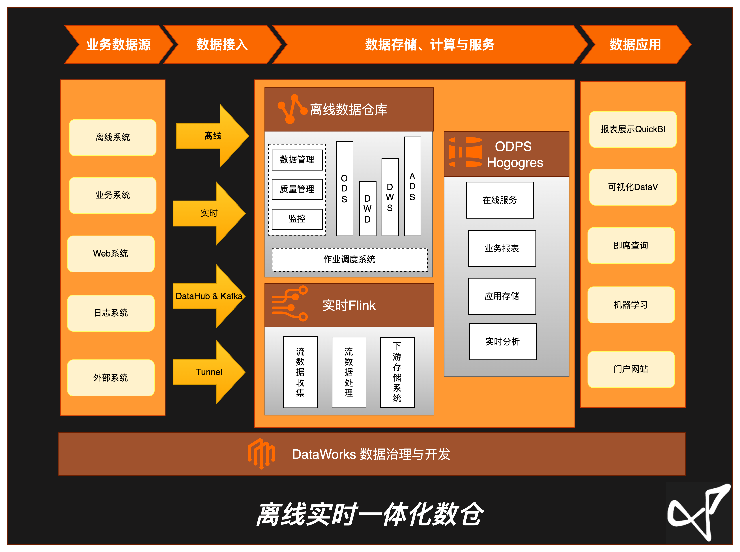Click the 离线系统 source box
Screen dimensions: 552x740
(x=113, y=137)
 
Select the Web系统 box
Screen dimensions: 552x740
(x=111, y=254)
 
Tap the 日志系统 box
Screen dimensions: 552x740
(x=111, y=313)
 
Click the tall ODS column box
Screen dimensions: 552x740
(x=344, y=188)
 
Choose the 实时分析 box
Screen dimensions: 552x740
(x=502, y=342)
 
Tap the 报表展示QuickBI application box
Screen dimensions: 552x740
(x=633, y=129)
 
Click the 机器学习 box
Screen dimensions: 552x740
(x=631, y=305)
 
